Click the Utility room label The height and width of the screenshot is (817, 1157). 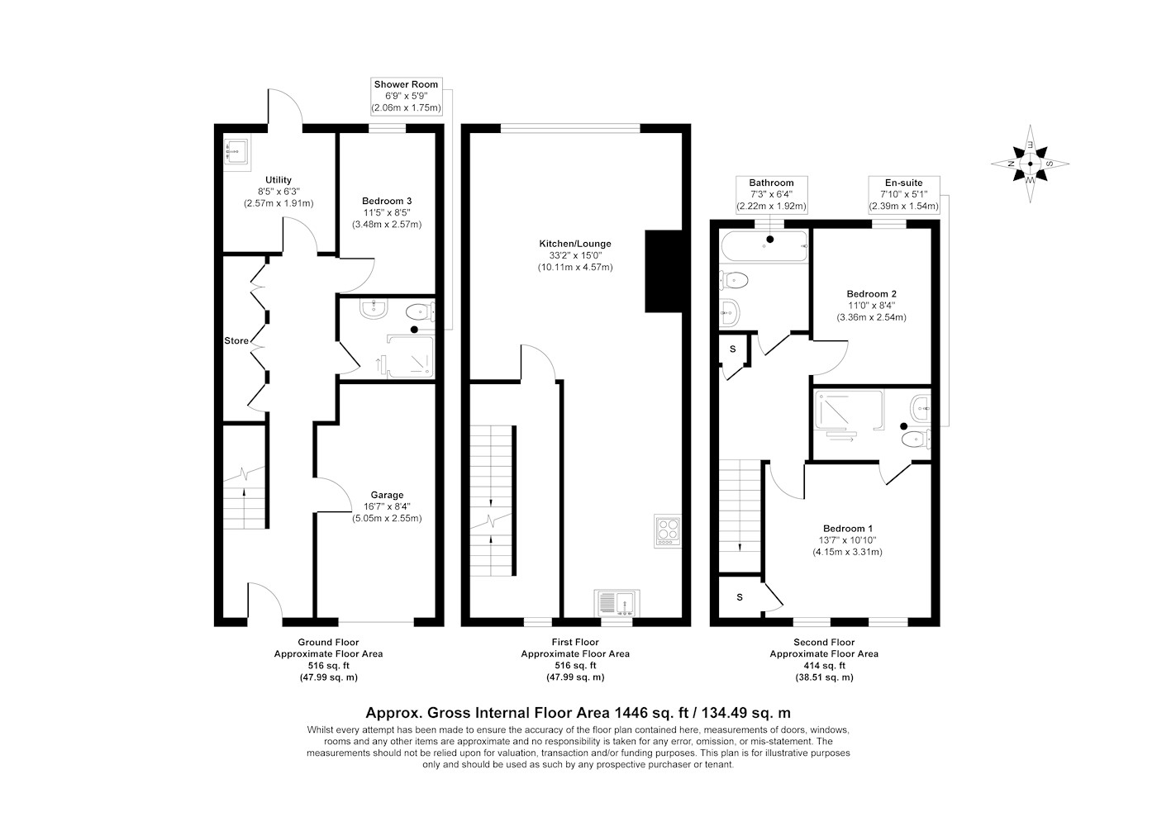point(279,180)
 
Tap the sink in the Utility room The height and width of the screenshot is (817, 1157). point(237,151)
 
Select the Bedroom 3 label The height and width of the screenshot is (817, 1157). point(387,201)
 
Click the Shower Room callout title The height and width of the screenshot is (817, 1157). point(406,84)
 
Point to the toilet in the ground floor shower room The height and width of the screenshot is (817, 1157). point(421,312)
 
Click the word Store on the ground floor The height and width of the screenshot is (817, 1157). point(236,341)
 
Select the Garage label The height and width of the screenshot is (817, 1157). point(387,495)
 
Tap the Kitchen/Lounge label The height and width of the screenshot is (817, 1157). point(575,244)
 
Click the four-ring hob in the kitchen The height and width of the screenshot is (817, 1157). point(668,531)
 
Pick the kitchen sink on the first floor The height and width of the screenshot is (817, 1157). point(617,603)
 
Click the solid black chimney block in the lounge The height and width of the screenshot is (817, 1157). point(664,271)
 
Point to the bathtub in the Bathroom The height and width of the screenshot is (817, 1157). point(764,246)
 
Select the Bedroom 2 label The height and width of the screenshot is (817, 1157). point(871,294)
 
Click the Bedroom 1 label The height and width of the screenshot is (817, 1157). point(848,529)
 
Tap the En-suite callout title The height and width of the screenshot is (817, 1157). point(904,183)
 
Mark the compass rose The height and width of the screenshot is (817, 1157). point(1030,164)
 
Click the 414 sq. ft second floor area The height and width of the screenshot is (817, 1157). point(824,666)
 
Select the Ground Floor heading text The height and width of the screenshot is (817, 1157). point(328,642)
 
